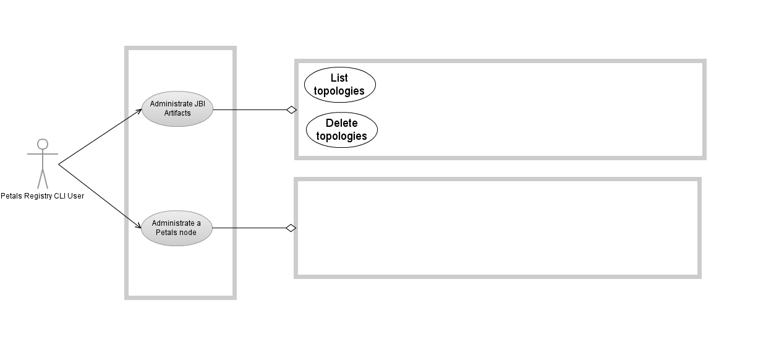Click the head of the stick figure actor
42,144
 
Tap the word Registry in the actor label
38,196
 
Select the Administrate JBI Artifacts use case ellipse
177,109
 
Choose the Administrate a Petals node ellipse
177,228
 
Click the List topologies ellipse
339,85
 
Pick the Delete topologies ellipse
341,130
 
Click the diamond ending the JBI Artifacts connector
291,110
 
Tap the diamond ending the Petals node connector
291,228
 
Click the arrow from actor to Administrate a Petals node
99,195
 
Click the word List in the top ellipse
339,78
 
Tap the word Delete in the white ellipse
341,123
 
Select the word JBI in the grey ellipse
199,104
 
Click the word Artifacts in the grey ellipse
177,113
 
